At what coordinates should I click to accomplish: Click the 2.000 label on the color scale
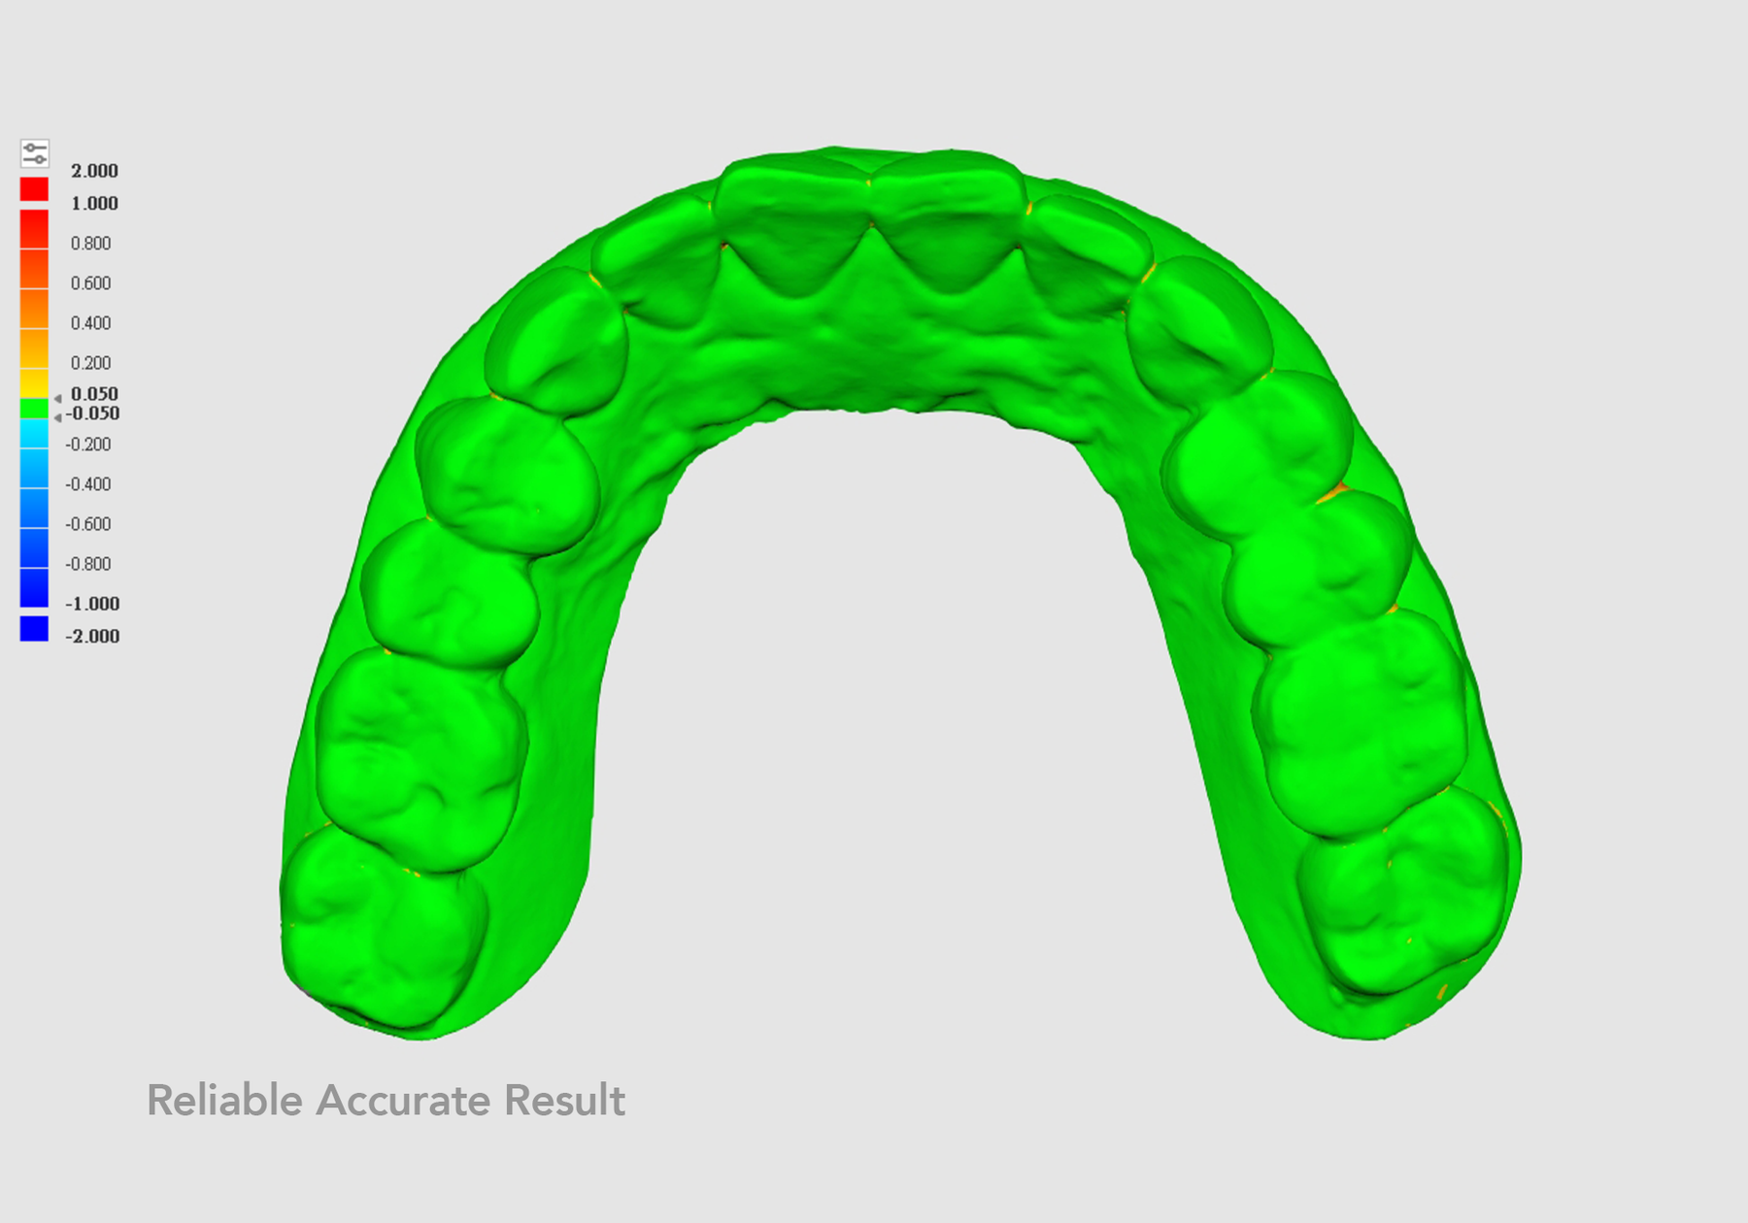click(x=94, y=171)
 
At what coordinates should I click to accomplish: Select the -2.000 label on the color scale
click(x=92, y=637)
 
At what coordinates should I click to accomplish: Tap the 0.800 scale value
click(x=90, y=244)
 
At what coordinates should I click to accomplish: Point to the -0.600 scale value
click(x=87, y=524)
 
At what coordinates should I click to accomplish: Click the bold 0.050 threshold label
click(x=94, y=394)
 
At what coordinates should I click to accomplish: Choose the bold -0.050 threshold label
click(x=92, y=413)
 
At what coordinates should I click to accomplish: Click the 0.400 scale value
click(x=90, y=323)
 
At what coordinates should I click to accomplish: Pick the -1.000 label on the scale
click(x=92, y=604)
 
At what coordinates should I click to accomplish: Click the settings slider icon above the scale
click(x=35, y=153)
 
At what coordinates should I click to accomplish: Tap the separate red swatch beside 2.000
click(x=34, y=189)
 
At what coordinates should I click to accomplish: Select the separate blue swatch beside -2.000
click(x=34, y=629)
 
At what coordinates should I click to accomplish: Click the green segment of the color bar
click(x=34, y=409)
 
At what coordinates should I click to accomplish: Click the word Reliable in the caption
click(x=224, y=1101)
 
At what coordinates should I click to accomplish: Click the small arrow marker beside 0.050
click(x=58, y=399)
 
